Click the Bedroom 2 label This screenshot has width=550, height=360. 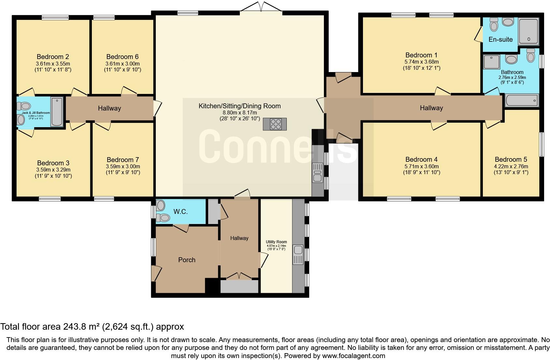[53, 57]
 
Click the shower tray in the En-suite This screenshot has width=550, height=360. [528, 31]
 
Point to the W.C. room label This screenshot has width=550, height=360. [181, 212]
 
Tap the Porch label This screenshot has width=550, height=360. [187, 260]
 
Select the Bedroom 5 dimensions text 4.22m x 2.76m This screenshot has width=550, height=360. [511, 166]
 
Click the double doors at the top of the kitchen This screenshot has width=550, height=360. [261, 7]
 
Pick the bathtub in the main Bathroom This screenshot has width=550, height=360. [521, 100]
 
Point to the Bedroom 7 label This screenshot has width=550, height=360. [123, 160]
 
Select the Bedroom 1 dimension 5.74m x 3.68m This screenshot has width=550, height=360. [421, 62]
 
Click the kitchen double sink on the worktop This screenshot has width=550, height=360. [318, 172]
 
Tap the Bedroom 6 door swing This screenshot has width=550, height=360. [128, 91]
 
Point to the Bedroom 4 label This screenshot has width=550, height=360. [421, 159]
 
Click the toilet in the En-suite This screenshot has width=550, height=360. [494, 25]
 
